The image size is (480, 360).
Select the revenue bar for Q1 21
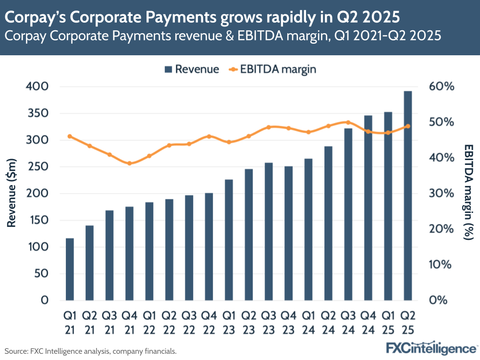coord(70,269)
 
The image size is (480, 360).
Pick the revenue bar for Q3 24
coord(348,214)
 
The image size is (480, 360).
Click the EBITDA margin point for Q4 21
coord(129,163)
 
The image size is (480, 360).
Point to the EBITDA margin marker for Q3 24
coord(348,122)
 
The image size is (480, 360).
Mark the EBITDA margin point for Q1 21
coord(70,136)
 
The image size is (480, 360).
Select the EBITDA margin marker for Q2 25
coord(407,126)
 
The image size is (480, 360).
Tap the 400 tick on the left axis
coord(39,87)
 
